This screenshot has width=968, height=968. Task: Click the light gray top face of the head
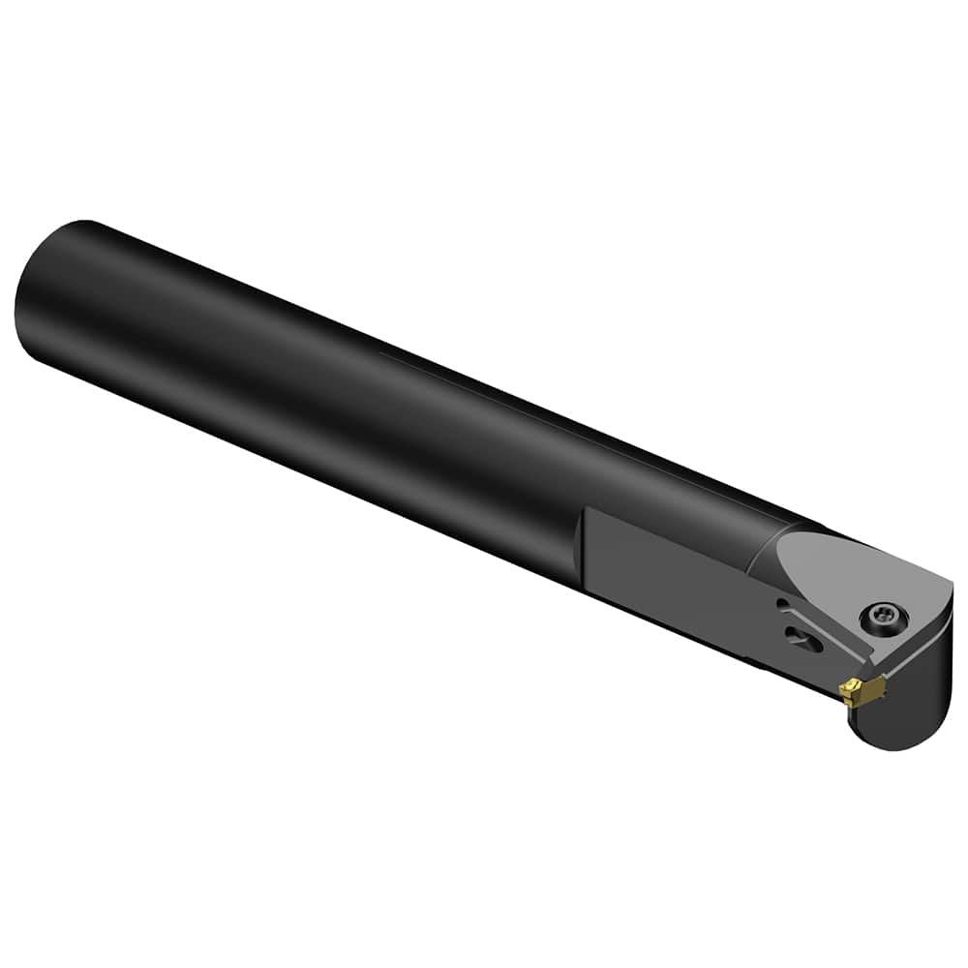[852, 581]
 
